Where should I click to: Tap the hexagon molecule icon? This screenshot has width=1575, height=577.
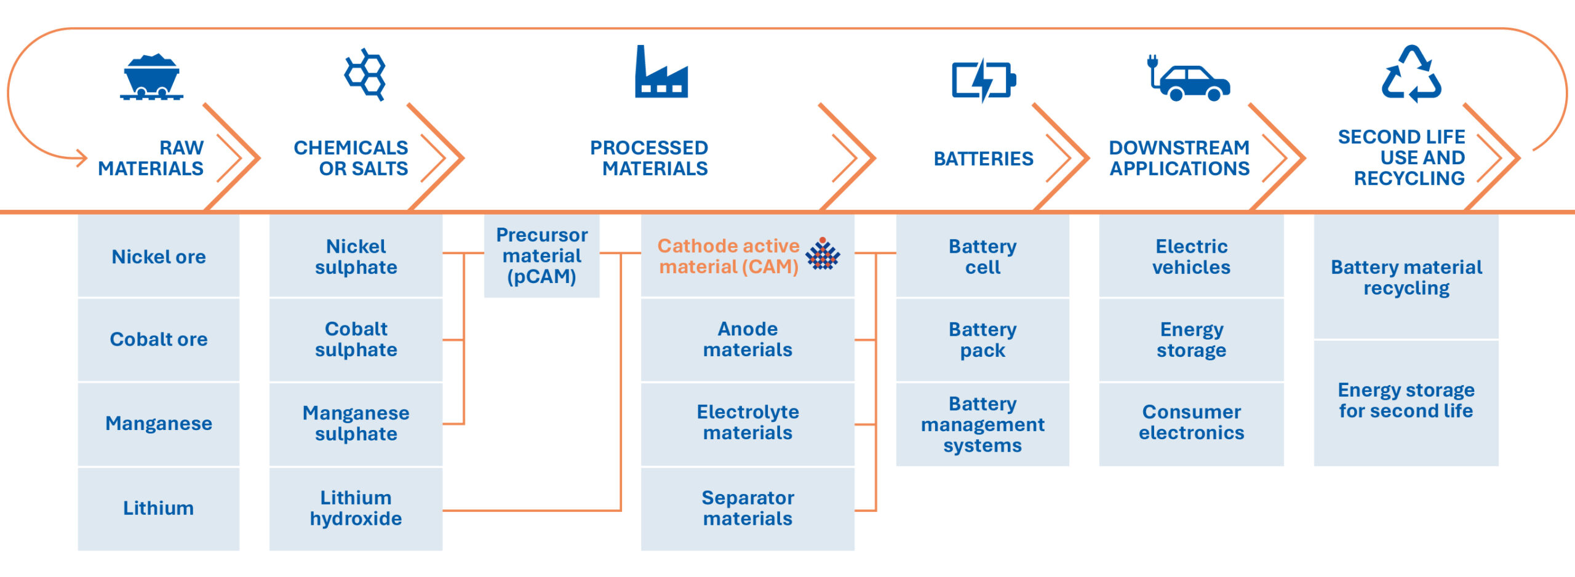tap(365, 74)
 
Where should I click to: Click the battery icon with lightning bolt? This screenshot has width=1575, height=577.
tap(984, 80)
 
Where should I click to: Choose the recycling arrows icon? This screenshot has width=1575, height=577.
tap(1411, 74)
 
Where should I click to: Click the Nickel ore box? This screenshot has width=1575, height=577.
tap(159, 256)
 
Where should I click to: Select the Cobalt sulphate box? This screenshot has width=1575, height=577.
tap(356, 340)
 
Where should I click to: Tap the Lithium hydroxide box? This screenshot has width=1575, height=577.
tap(356, 509)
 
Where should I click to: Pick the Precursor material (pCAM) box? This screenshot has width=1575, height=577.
tap(541, 256)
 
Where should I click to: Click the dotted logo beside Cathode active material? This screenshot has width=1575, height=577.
tap(823, 253)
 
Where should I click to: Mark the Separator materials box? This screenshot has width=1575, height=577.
tap(748, 509)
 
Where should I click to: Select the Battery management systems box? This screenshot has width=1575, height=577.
tap(983, 424)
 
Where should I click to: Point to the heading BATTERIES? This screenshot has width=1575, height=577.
tap(983, 159)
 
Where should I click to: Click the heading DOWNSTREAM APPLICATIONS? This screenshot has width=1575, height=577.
tap(1179, 158)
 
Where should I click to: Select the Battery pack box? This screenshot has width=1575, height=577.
tap(983, 340)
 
